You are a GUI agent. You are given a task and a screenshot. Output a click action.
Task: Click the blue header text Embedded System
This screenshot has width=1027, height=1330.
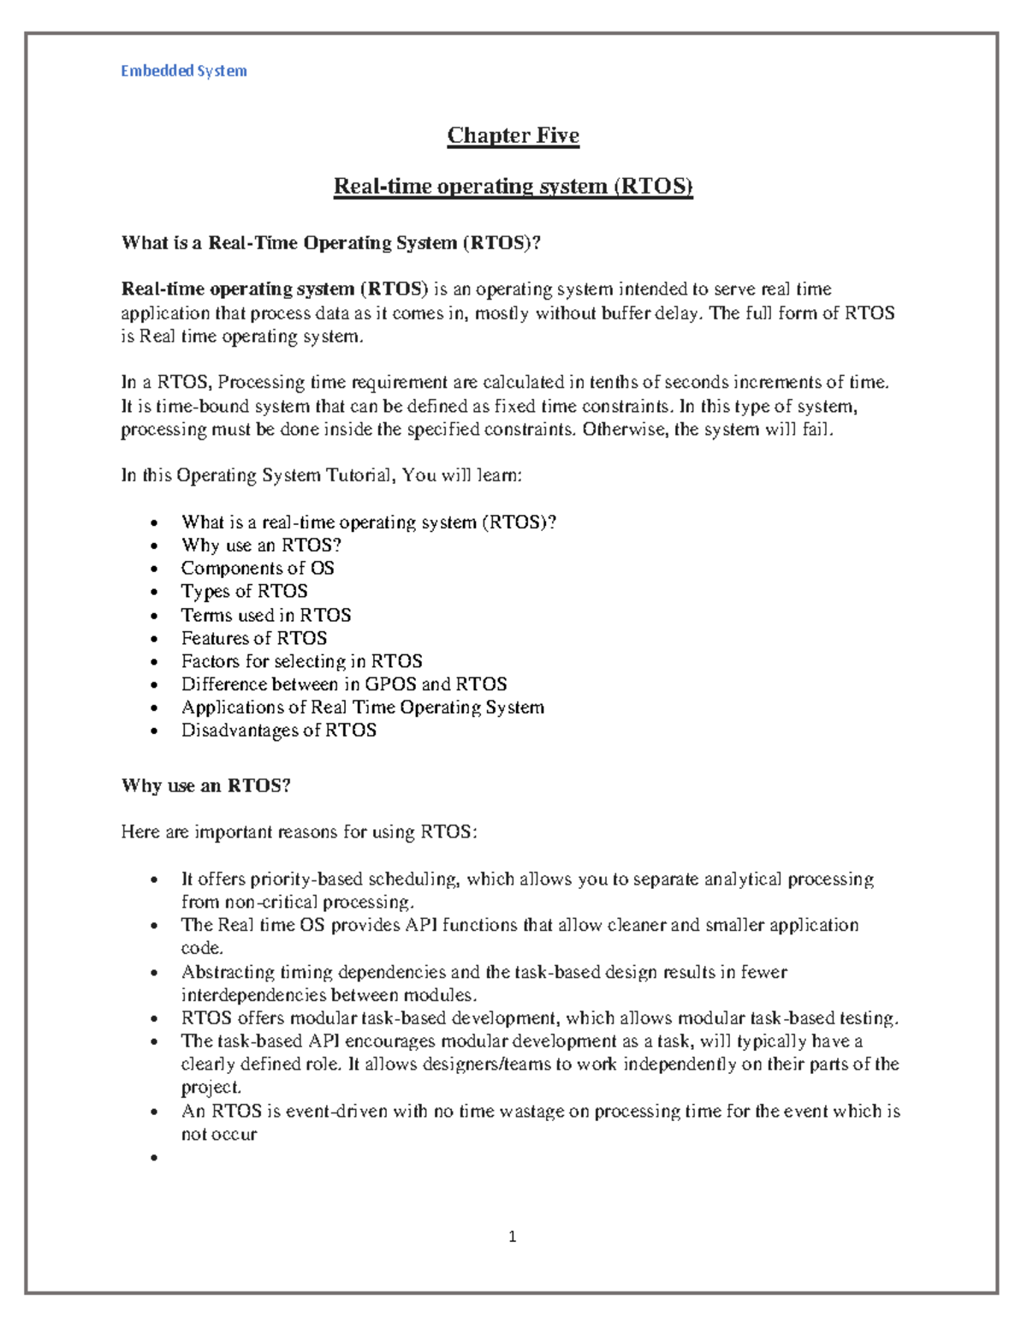tap(183, 71)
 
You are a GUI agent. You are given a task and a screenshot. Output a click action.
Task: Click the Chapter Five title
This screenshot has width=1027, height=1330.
tap(513, 135)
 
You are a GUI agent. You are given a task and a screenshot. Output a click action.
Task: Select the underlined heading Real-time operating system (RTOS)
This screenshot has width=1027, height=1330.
tap(513, 186)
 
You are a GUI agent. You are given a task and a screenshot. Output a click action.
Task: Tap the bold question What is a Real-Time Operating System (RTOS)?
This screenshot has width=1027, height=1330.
tap(331, 243)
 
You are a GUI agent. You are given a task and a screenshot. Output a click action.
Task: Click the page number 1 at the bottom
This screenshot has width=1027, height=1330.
tap(512, 1236)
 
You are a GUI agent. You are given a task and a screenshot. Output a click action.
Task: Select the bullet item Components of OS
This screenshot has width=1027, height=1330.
tap(257, 569)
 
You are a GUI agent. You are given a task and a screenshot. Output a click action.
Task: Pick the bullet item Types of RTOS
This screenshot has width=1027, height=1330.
tap(244, 592)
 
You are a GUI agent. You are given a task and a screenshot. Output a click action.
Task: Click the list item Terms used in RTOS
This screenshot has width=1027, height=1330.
tap(265, 615)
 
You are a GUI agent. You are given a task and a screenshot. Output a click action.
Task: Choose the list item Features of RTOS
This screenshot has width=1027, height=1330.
tap(253, 638)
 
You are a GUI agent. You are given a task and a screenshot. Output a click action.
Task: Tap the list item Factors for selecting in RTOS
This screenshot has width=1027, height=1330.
tap(301, 661)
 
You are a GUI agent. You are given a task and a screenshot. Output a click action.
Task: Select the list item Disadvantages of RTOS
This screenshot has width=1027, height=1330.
tap(278, 731)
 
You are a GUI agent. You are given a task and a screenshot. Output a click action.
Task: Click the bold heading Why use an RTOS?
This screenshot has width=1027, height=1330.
tap(205, 786)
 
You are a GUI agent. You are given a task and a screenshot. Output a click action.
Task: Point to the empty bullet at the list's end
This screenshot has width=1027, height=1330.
tap(154, 1158)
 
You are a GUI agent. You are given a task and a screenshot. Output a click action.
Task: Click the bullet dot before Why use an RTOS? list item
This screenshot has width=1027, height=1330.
tap(154, 546)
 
